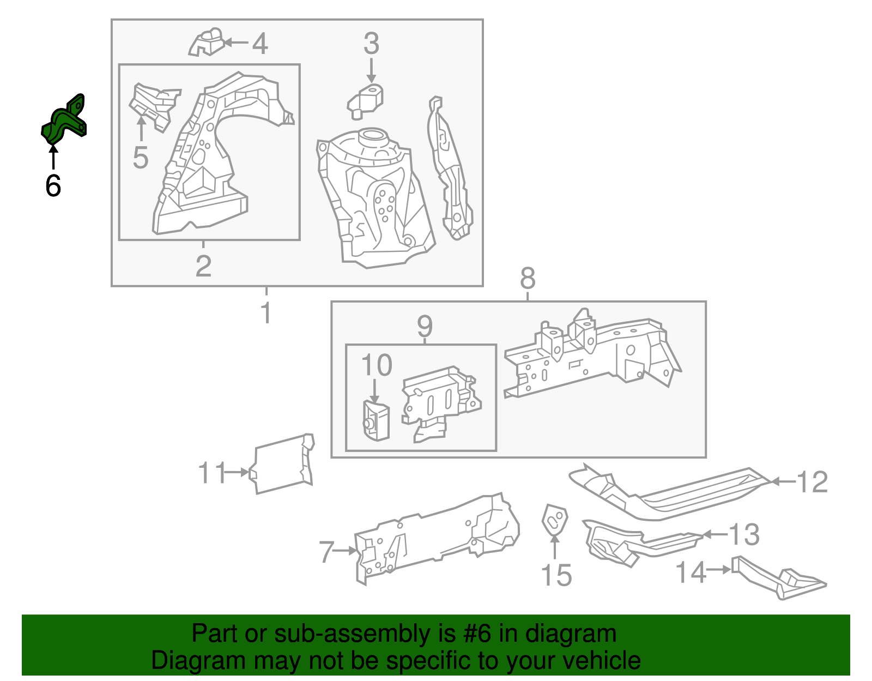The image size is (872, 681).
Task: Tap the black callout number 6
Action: coord(53,186)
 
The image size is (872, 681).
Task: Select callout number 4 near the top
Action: coord(260,44)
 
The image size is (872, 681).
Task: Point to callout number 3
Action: coord(371,43)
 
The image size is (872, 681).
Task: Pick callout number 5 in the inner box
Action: coord(141,158)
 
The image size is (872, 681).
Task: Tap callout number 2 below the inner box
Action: coord(203,266)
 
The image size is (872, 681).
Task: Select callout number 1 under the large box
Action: coord(266,313)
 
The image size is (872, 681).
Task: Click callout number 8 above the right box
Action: coord(528,278)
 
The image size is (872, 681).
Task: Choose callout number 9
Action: coord(425,326)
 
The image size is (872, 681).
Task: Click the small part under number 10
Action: coord(376,420)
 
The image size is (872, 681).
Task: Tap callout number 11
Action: coord(211,473)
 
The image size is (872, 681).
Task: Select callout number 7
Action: coord(326,552)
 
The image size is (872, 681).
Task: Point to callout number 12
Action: coord(812,482)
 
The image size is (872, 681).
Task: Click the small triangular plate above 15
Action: coord(554,521)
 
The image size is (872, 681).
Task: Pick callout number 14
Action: coord(691,572)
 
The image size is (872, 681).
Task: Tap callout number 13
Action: coord(744,534)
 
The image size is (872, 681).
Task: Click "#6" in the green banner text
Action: coord(478,634)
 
